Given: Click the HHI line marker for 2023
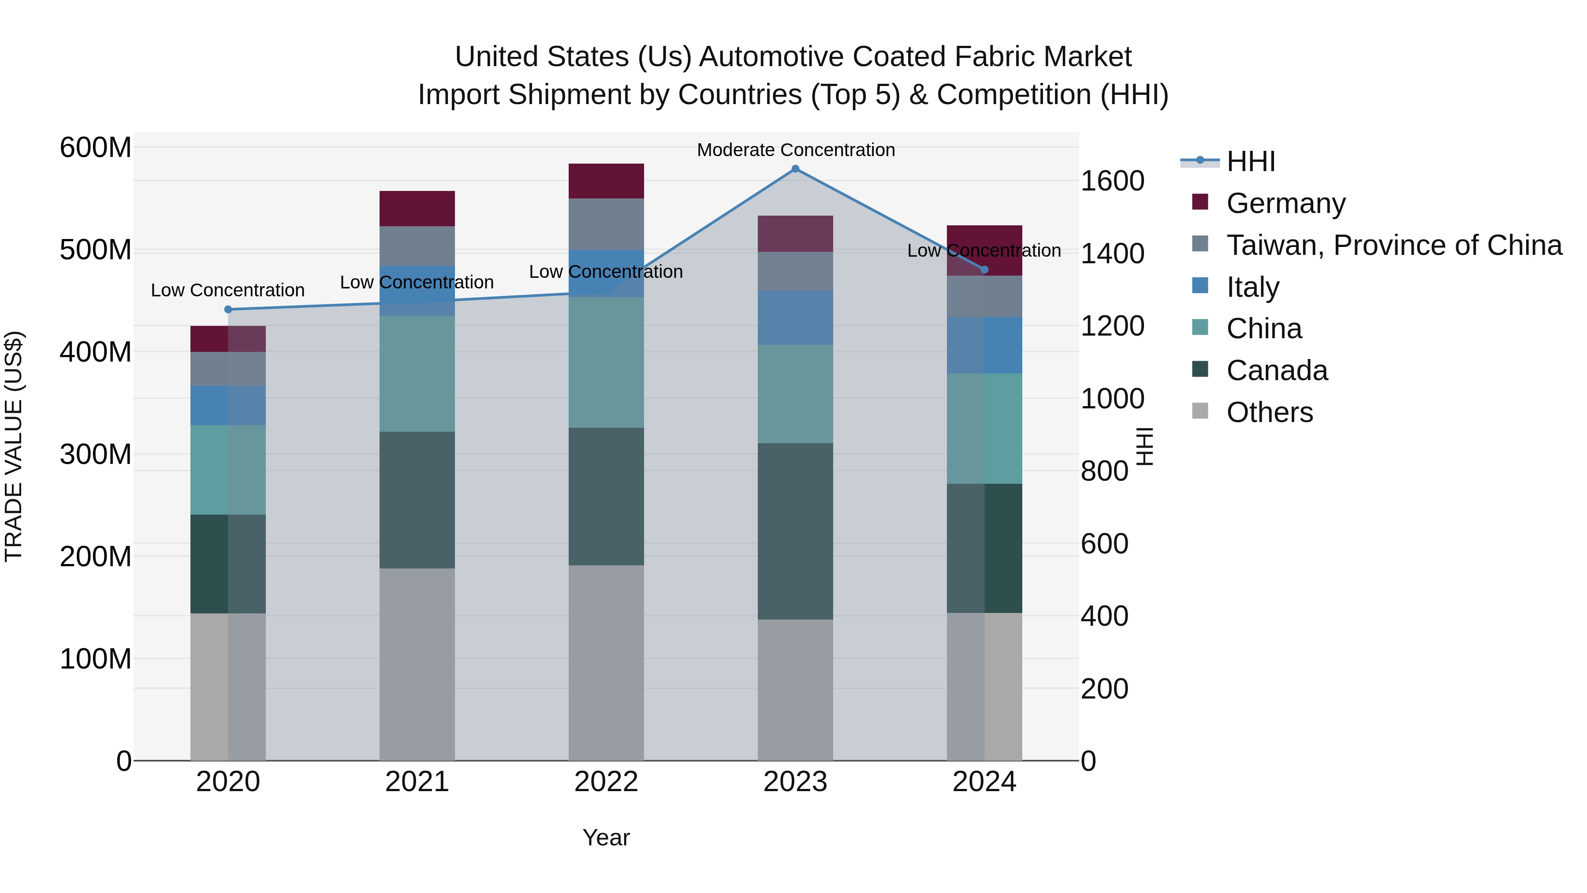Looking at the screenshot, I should coord(795,169).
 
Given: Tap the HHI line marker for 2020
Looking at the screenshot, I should coord(228,310).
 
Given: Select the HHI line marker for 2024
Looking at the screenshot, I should coord(984,269).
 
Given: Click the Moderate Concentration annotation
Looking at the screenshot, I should coord(795,150).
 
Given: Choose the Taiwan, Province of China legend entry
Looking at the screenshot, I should coord(1393,245).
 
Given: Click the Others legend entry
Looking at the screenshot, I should coord(1269,412).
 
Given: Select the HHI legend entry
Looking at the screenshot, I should coord(1250,161).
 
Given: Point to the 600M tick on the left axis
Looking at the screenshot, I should coord(96,148).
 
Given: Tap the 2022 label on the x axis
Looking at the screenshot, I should coord(606,781).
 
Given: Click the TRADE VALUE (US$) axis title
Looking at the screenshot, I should coord(14,446).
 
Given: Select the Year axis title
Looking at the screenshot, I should coord(606,837).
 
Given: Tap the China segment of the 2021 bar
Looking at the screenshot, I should coord(417,374).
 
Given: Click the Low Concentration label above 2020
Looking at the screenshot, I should coord(227,290).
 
